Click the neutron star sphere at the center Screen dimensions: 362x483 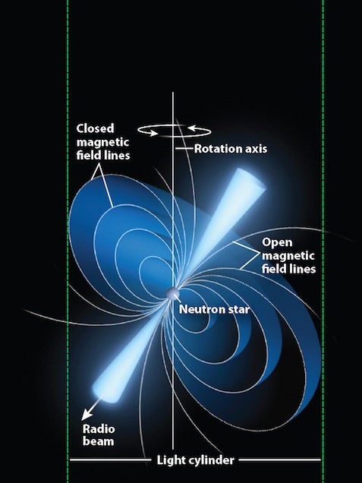[172, 294]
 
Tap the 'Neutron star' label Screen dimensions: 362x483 [214, 309]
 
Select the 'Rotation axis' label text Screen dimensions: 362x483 [231, 149]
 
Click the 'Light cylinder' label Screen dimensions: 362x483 [196, 460]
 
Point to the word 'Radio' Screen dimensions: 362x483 [99, 429]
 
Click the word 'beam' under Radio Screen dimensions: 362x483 [98, 441]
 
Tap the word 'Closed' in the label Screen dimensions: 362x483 [95, 128]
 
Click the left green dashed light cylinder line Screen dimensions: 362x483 [68, 241]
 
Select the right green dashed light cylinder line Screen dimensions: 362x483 [323, 241]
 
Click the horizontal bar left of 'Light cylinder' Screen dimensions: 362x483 [111, 460]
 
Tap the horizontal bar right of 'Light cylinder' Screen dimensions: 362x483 [280, 460]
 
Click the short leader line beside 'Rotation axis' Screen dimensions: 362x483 [184, 149]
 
